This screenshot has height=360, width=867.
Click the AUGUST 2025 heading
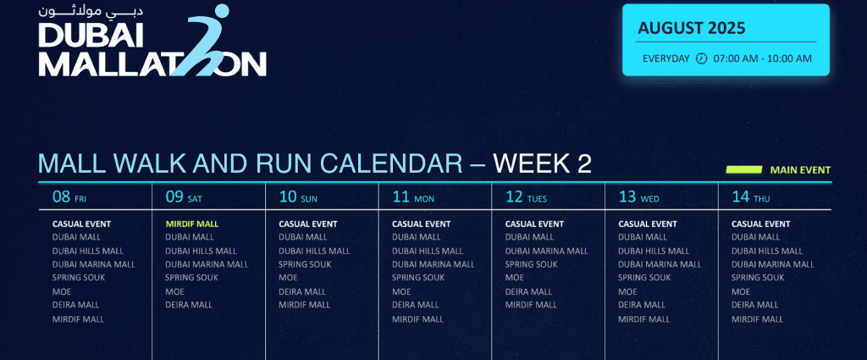[692, 28]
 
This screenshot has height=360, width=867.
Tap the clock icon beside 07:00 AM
[701, 58]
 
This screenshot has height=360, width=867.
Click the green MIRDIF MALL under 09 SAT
[191, 224]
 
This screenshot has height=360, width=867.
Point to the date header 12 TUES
[526, 197]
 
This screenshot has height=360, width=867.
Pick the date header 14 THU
[751, 197]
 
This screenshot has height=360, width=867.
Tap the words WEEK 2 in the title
[542, 163]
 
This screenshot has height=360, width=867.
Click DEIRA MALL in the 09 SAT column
[189, 305]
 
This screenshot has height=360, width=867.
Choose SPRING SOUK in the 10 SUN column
[305, 264]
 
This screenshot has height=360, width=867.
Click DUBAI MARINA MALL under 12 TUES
[547, 251]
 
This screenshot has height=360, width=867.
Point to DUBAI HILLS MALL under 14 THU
[767, 251]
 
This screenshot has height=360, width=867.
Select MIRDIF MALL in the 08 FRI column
[78, 319]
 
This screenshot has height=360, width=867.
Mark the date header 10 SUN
[298, 197]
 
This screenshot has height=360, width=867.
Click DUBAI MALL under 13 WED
[642, 237]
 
